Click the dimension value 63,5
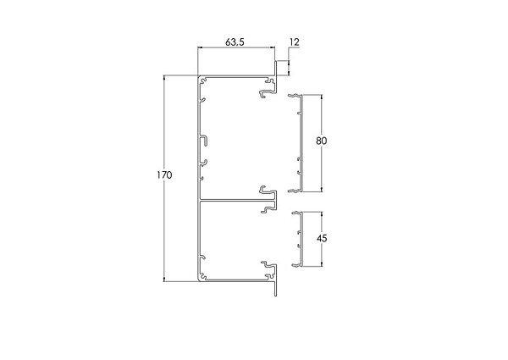[x=235, y=42]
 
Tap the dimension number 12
[x=294, y=42]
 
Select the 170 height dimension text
[x=164, y=175]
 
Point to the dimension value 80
[x=322, y=141]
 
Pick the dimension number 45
[x=322, y=239]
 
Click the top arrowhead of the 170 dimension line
[x=164, y=78]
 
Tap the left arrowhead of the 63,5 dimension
[x=201, y=48]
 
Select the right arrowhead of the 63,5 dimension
[x=272, y=48]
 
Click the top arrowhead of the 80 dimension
[x=322, y=97]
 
